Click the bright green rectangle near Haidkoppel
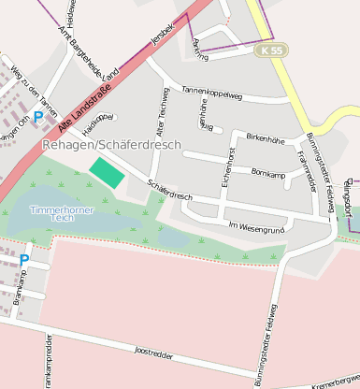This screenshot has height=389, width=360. (106, 172)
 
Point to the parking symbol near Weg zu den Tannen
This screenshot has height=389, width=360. (37, 118)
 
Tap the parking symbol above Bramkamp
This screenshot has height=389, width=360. (23, 260)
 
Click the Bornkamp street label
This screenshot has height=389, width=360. (268, 172)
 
